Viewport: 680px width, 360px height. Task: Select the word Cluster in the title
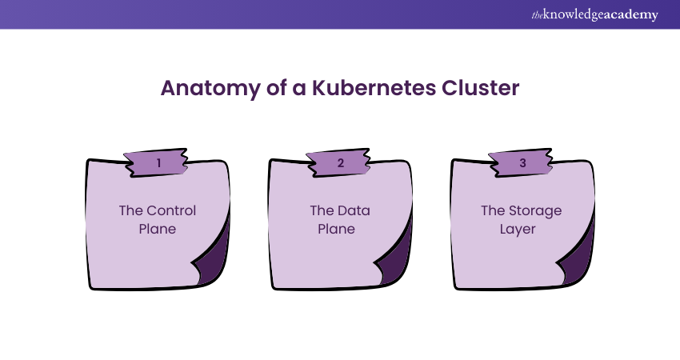[x=479, y=88]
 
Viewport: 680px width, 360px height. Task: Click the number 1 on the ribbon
[x=158, y=163]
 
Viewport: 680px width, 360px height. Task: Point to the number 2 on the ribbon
[x=341, y=163]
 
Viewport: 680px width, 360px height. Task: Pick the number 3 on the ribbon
[x=522, y=163]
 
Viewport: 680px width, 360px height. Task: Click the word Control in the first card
[x=171, y=211]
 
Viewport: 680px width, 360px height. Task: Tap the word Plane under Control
[x=158, y=229]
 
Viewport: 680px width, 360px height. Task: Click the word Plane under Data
[x=340, y=229]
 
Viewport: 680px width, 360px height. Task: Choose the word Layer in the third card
[x=522, y=229]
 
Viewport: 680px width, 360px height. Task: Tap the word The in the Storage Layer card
[x=492, y=211]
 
